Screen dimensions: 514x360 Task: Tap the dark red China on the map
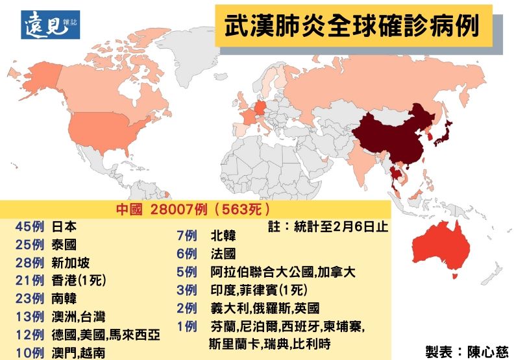[389, 136]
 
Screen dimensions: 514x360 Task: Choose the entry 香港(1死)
[78, 281]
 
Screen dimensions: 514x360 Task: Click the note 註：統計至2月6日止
[327, 227]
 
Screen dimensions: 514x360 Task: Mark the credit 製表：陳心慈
[467, 351]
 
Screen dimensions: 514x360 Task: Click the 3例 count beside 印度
[186, 290]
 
